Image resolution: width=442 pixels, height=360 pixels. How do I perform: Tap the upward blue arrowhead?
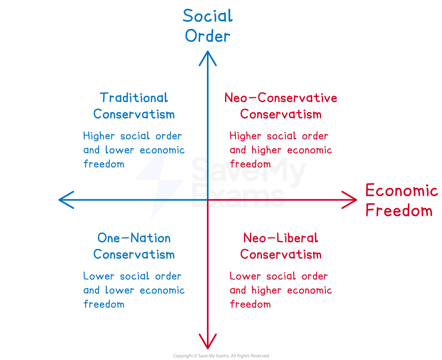point(207,56)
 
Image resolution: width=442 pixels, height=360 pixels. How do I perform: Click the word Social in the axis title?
point(207,16)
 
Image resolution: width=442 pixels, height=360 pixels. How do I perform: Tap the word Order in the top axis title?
point(207,37)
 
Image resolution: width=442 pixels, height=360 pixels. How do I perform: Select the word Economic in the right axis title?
point(401,190)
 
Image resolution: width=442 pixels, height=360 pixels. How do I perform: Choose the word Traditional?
point(134,98)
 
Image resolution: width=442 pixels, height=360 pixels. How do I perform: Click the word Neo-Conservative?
point(280,98)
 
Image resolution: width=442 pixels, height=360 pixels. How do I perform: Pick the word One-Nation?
point(134,238)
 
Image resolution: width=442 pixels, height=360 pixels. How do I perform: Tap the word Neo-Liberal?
point(280,238)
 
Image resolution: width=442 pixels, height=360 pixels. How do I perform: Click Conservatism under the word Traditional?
point(134,114)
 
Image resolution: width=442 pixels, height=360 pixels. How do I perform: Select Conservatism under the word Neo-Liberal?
point(280,254)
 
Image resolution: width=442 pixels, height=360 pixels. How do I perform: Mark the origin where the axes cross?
point(207,200)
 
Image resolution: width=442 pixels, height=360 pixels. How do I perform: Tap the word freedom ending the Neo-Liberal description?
point(250,304)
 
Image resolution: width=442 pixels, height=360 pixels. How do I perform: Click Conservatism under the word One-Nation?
point(134,254)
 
